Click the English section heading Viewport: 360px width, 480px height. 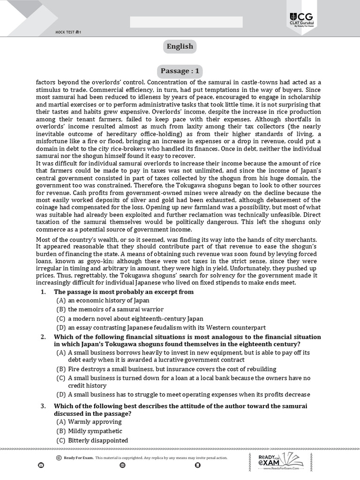(x=180, y=46)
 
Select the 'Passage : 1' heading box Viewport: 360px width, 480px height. (x=180, y=71)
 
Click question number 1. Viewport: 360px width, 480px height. (x=43, y=292)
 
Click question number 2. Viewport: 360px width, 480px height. (x=43, y=337)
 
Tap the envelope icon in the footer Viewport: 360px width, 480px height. (x=41, y=465)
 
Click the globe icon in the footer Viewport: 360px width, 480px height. (x=122, y=465)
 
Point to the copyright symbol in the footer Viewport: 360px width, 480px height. (x=59, y=457)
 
